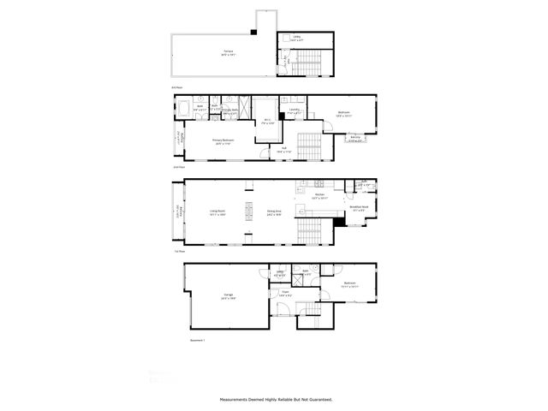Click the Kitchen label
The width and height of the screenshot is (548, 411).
click(319, 195)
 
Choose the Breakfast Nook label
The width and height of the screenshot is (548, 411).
click(360, 206)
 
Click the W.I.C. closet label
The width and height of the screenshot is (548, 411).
click(267, 120)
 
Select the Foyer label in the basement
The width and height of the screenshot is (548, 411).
click(284, 294)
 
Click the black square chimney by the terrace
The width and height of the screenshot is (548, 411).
click(253, 32)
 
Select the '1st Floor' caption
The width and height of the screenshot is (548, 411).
click(179, 252)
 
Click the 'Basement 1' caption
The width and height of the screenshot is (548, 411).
click(198, 340)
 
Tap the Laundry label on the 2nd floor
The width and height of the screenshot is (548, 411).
click(294, 110)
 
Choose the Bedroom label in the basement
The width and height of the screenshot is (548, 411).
click(349, 284)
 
